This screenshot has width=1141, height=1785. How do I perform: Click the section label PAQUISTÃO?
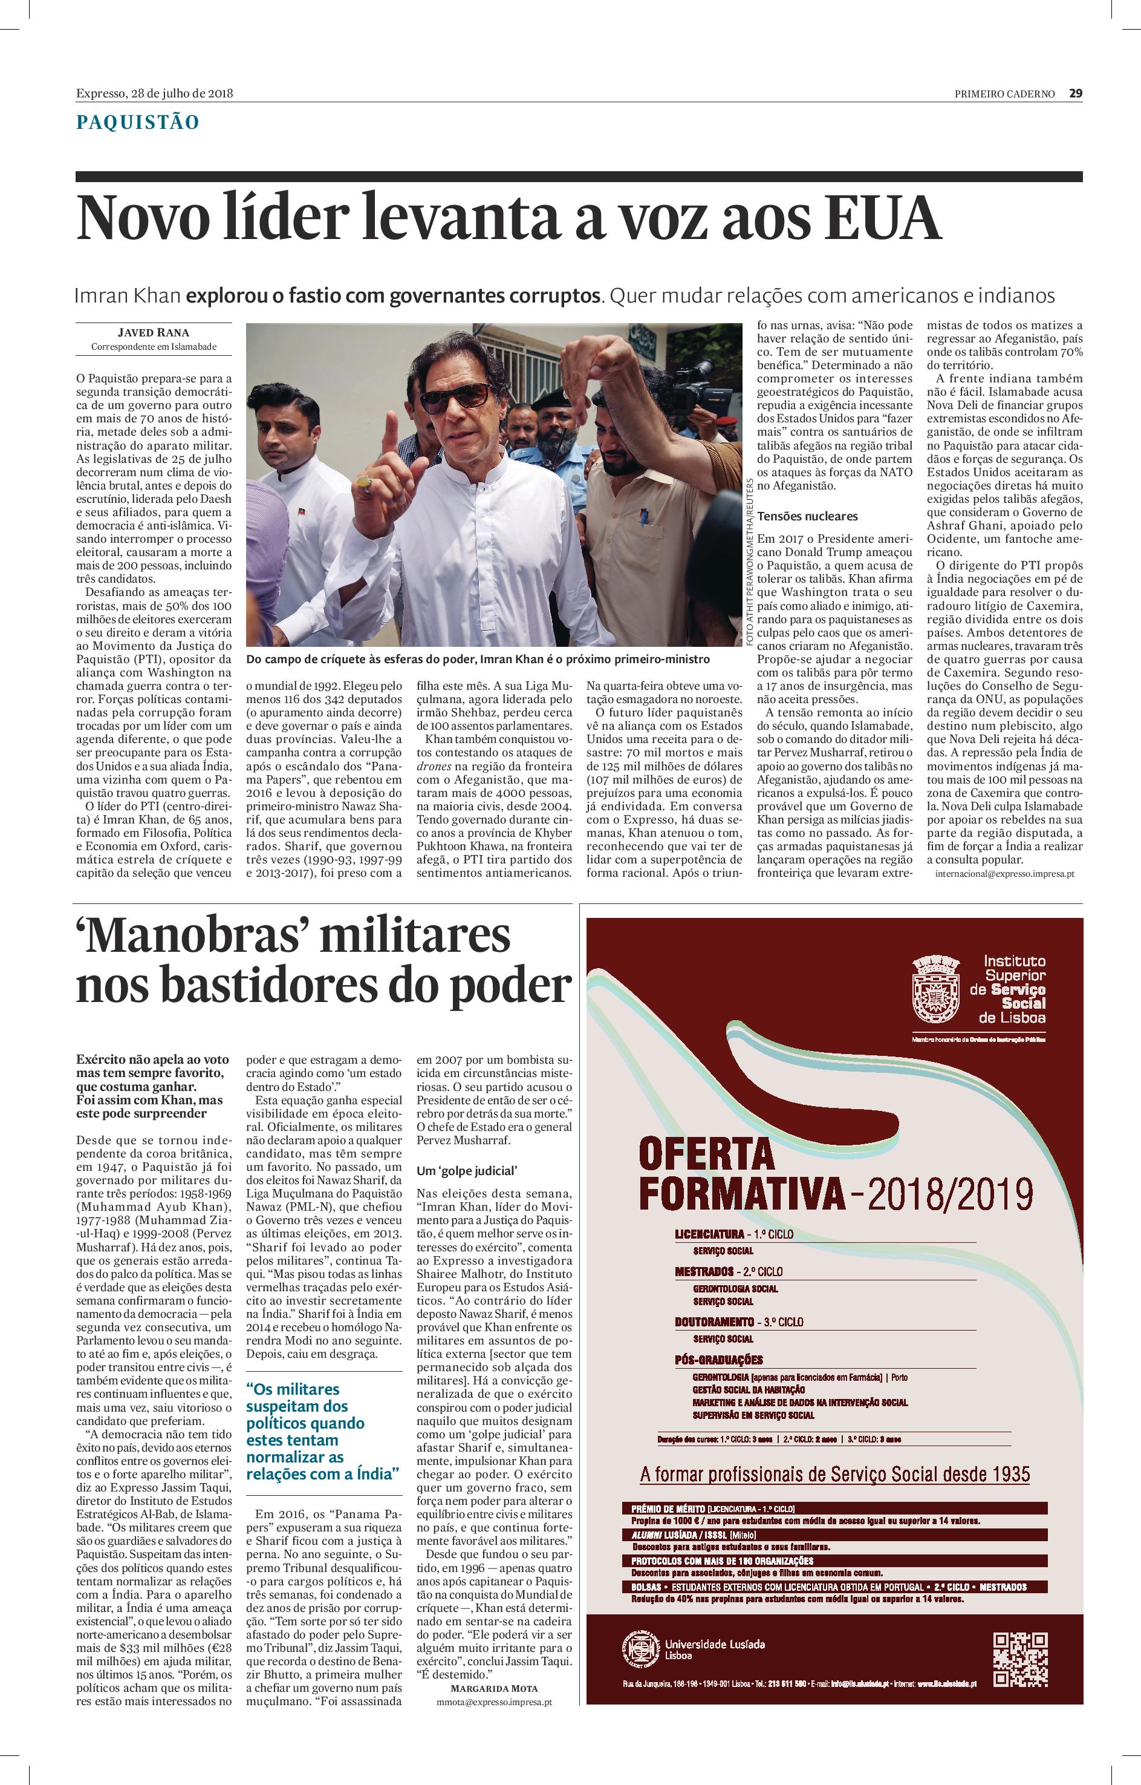tap(138, 122)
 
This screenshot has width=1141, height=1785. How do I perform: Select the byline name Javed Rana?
tap(154, 332)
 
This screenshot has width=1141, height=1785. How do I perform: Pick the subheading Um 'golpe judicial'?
tap(466, 1171)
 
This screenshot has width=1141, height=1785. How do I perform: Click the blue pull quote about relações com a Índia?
tap(323, 1430)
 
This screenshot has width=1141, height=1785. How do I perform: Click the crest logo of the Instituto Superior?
tap(936, 991)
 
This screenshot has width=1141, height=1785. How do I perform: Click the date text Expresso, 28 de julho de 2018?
tap(155, 93)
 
